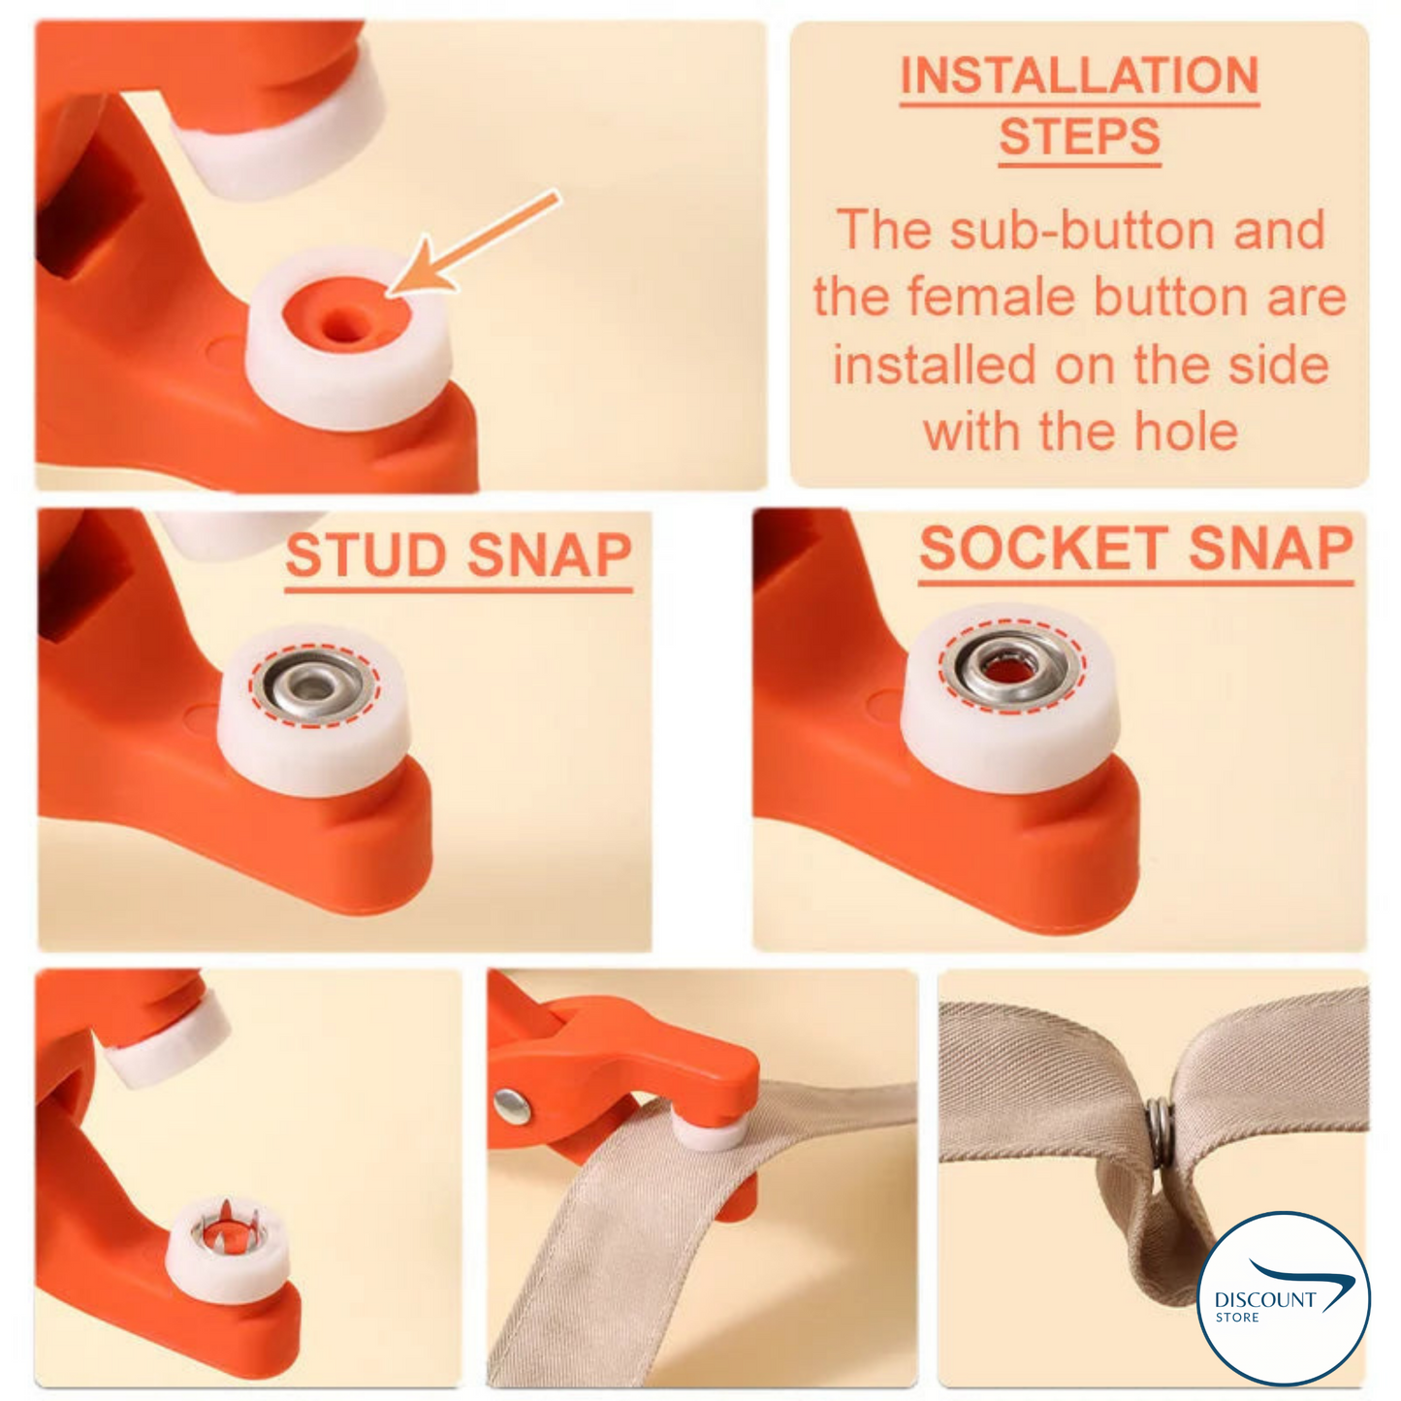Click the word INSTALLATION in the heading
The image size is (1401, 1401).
pos(1078,76)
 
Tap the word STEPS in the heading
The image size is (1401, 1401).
pos(1079,137)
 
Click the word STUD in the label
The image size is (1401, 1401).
pos(367,556)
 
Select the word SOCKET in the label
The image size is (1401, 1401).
pos(1045,549)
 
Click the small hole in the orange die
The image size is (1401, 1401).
pos(340,325)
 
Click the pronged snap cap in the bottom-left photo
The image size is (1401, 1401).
pos(226,1227)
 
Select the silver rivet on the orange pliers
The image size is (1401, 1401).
pos(511,1104)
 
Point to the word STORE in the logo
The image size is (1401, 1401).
pos(1237,1318)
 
